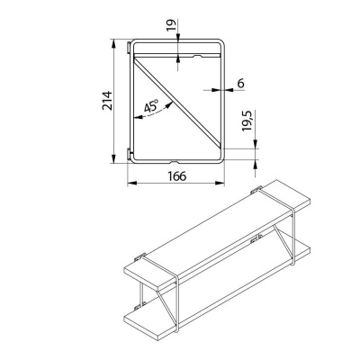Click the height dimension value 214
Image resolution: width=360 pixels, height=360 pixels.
(105, 101)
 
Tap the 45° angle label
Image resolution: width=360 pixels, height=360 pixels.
(150, 107)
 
